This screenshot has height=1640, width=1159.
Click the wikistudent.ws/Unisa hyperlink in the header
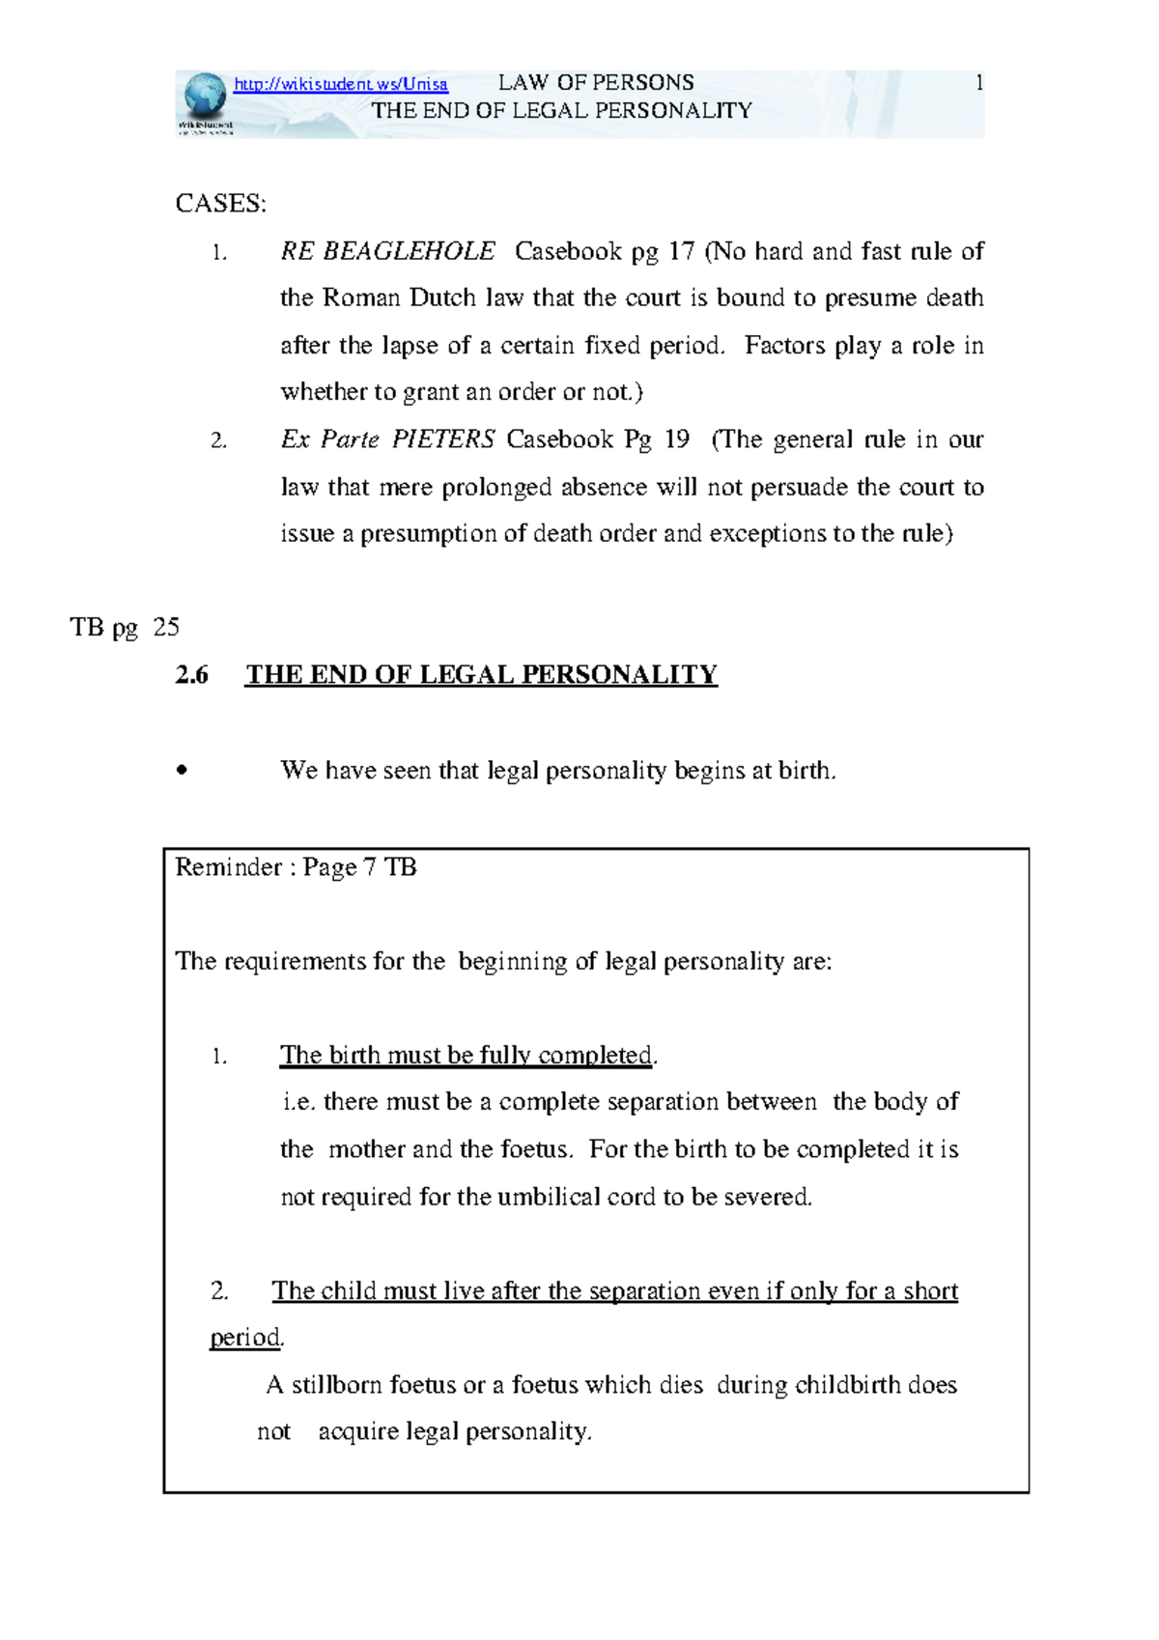341,84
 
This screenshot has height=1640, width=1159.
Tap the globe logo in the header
204,98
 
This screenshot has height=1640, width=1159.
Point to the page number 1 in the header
979,83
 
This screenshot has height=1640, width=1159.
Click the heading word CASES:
220,204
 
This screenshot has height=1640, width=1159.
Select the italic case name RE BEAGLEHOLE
387,252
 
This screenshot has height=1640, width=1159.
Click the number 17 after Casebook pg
681,252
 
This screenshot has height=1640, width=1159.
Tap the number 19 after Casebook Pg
677,439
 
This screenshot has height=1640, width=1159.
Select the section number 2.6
191,675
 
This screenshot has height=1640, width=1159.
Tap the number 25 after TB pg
166,628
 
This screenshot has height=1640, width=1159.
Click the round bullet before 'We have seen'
181,772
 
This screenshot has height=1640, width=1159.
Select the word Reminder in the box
228,867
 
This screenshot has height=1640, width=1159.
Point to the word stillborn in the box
336,1385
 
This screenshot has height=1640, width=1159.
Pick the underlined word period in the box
245,1338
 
